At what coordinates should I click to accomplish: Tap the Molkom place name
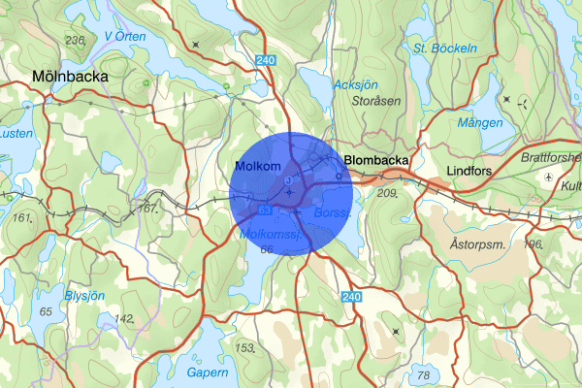257,167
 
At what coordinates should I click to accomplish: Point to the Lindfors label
474,172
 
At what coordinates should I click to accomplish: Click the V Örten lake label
126,37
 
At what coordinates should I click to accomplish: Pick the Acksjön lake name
355,85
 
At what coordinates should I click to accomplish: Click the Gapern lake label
206,372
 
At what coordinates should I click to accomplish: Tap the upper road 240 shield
267,60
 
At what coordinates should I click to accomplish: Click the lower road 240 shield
350,296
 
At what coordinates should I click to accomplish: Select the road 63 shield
265,209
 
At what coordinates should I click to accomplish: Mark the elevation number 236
74,40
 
